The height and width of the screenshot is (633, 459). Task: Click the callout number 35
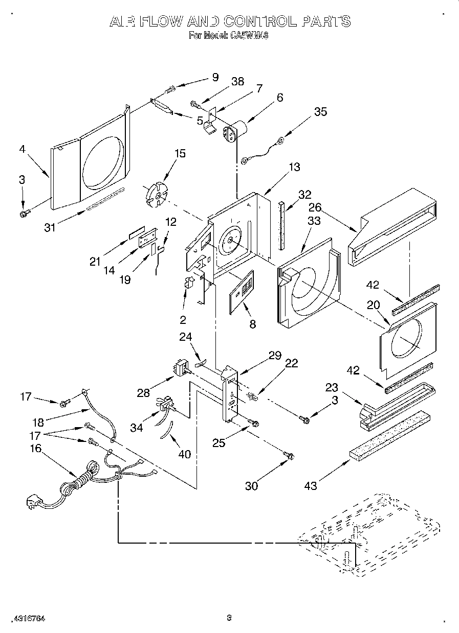(320, 111)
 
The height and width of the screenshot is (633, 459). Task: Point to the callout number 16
(36, 449)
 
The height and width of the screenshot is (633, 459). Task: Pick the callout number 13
(294, 167)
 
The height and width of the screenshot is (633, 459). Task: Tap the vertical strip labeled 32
(281, 225)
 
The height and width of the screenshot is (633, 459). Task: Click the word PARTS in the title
(325, 21)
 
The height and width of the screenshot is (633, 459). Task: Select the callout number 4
(21, 150)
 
